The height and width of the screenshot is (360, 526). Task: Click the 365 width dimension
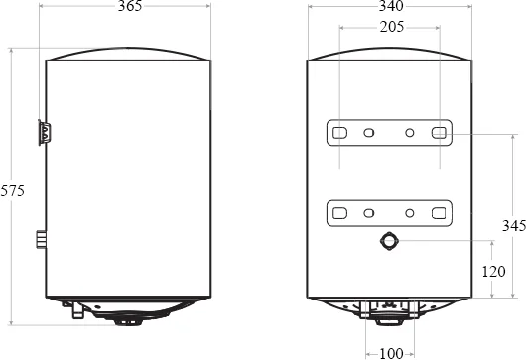130,6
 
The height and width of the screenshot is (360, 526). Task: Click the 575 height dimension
13,191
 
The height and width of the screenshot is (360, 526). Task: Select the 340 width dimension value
391,6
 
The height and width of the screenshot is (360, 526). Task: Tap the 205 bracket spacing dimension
392,27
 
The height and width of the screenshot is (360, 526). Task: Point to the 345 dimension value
514,226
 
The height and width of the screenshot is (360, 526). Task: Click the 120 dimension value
493,272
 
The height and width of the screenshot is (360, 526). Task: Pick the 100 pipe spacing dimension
391,354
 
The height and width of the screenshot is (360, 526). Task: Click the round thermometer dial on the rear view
389,241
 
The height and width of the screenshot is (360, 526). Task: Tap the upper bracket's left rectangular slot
339,133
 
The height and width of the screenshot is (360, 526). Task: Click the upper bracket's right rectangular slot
439,133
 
